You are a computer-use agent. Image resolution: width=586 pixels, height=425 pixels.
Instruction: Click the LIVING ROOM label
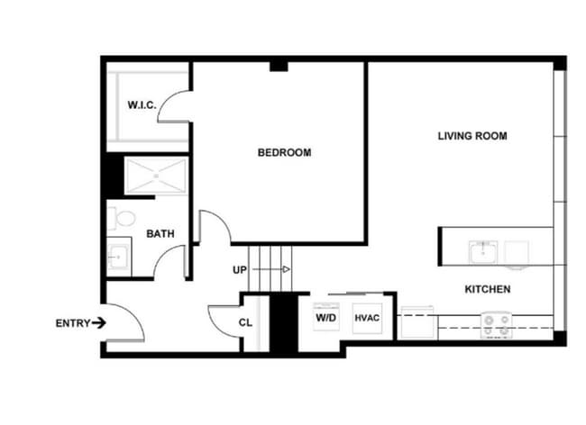pyautogui.click(x=472, y=137)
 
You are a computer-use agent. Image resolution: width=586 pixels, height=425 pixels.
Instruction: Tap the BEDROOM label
pyautogui.click(x=284, y=153)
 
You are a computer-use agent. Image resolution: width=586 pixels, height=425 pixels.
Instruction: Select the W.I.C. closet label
pyautogui.click(x=142, y=105)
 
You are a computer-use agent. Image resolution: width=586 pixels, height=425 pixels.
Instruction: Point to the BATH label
pyautogui.click(x=160, y=234)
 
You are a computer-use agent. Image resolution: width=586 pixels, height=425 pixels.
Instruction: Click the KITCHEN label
pyautogui.click(x=488, y=290)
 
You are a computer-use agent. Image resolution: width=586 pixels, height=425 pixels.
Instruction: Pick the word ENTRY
pyautogui.click(x=72, y=323)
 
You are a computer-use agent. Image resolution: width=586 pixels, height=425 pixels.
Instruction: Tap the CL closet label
pyautogui.click(x=245, y=322)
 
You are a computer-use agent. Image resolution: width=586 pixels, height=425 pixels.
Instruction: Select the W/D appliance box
pyautogui.click(x=325, y=318)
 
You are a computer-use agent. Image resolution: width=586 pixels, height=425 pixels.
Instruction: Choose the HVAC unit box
pyautogui.click(x=366, y=318)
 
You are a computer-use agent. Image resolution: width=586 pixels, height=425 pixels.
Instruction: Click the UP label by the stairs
pyautogui.click(x=240, y=270)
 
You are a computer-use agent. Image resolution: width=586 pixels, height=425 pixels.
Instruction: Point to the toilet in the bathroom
pyautogui.click(x=122, y=219)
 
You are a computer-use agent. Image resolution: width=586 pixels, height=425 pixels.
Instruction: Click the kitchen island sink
pyautogui.click(x=482, y=249)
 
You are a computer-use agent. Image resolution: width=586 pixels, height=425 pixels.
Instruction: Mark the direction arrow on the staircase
pyautogui.click(x=285, y=269)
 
